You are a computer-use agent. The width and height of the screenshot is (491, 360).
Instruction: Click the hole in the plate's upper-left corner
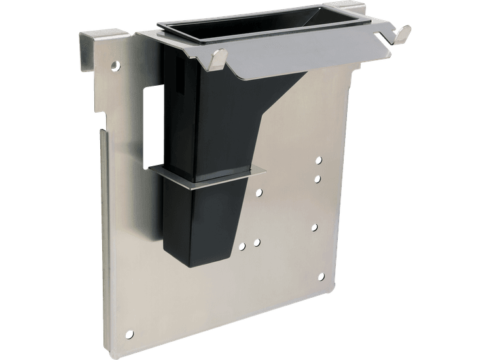pyautogui.click(x=117, y=65)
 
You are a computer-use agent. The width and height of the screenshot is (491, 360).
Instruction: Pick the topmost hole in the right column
pyautogui.click(x=319, y=160)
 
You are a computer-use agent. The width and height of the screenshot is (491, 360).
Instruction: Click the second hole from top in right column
pyautogui.click(x=318, y=178)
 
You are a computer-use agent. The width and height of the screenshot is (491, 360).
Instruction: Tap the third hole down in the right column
pyautogui.click(x=315, y=227)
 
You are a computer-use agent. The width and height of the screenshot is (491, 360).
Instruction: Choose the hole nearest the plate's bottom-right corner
pyautogui.click(x=321, y=278)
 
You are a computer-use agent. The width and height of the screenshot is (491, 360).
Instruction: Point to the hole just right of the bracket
pyautogui.click(x=260, y=192)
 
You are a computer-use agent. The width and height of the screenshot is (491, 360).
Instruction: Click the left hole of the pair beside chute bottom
pyautogui.click(x=243, y=247)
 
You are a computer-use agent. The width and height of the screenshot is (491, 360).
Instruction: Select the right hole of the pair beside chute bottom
pyautogui.click(x=257, y=242)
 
